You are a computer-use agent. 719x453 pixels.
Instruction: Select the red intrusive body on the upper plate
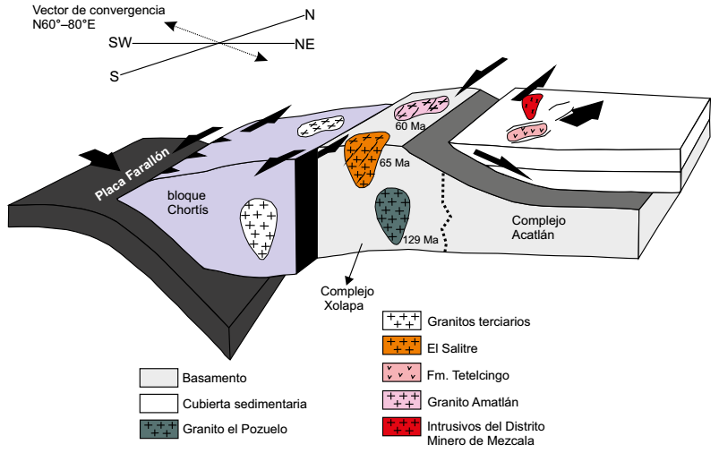534,107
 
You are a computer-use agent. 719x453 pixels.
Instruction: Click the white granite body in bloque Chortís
260,226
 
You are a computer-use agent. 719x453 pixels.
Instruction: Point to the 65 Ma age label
395,164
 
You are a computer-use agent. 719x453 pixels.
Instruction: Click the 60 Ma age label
410,127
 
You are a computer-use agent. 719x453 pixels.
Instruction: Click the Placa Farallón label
129,171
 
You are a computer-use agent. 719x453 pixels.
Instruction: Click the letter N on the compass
310,14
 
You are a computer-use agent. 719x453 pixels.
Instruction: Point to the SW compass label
119,43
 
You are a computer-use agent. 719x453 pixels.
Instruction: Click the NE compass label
304,44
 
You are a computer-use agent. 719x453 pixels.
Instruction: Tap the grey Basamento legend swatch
158,379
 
